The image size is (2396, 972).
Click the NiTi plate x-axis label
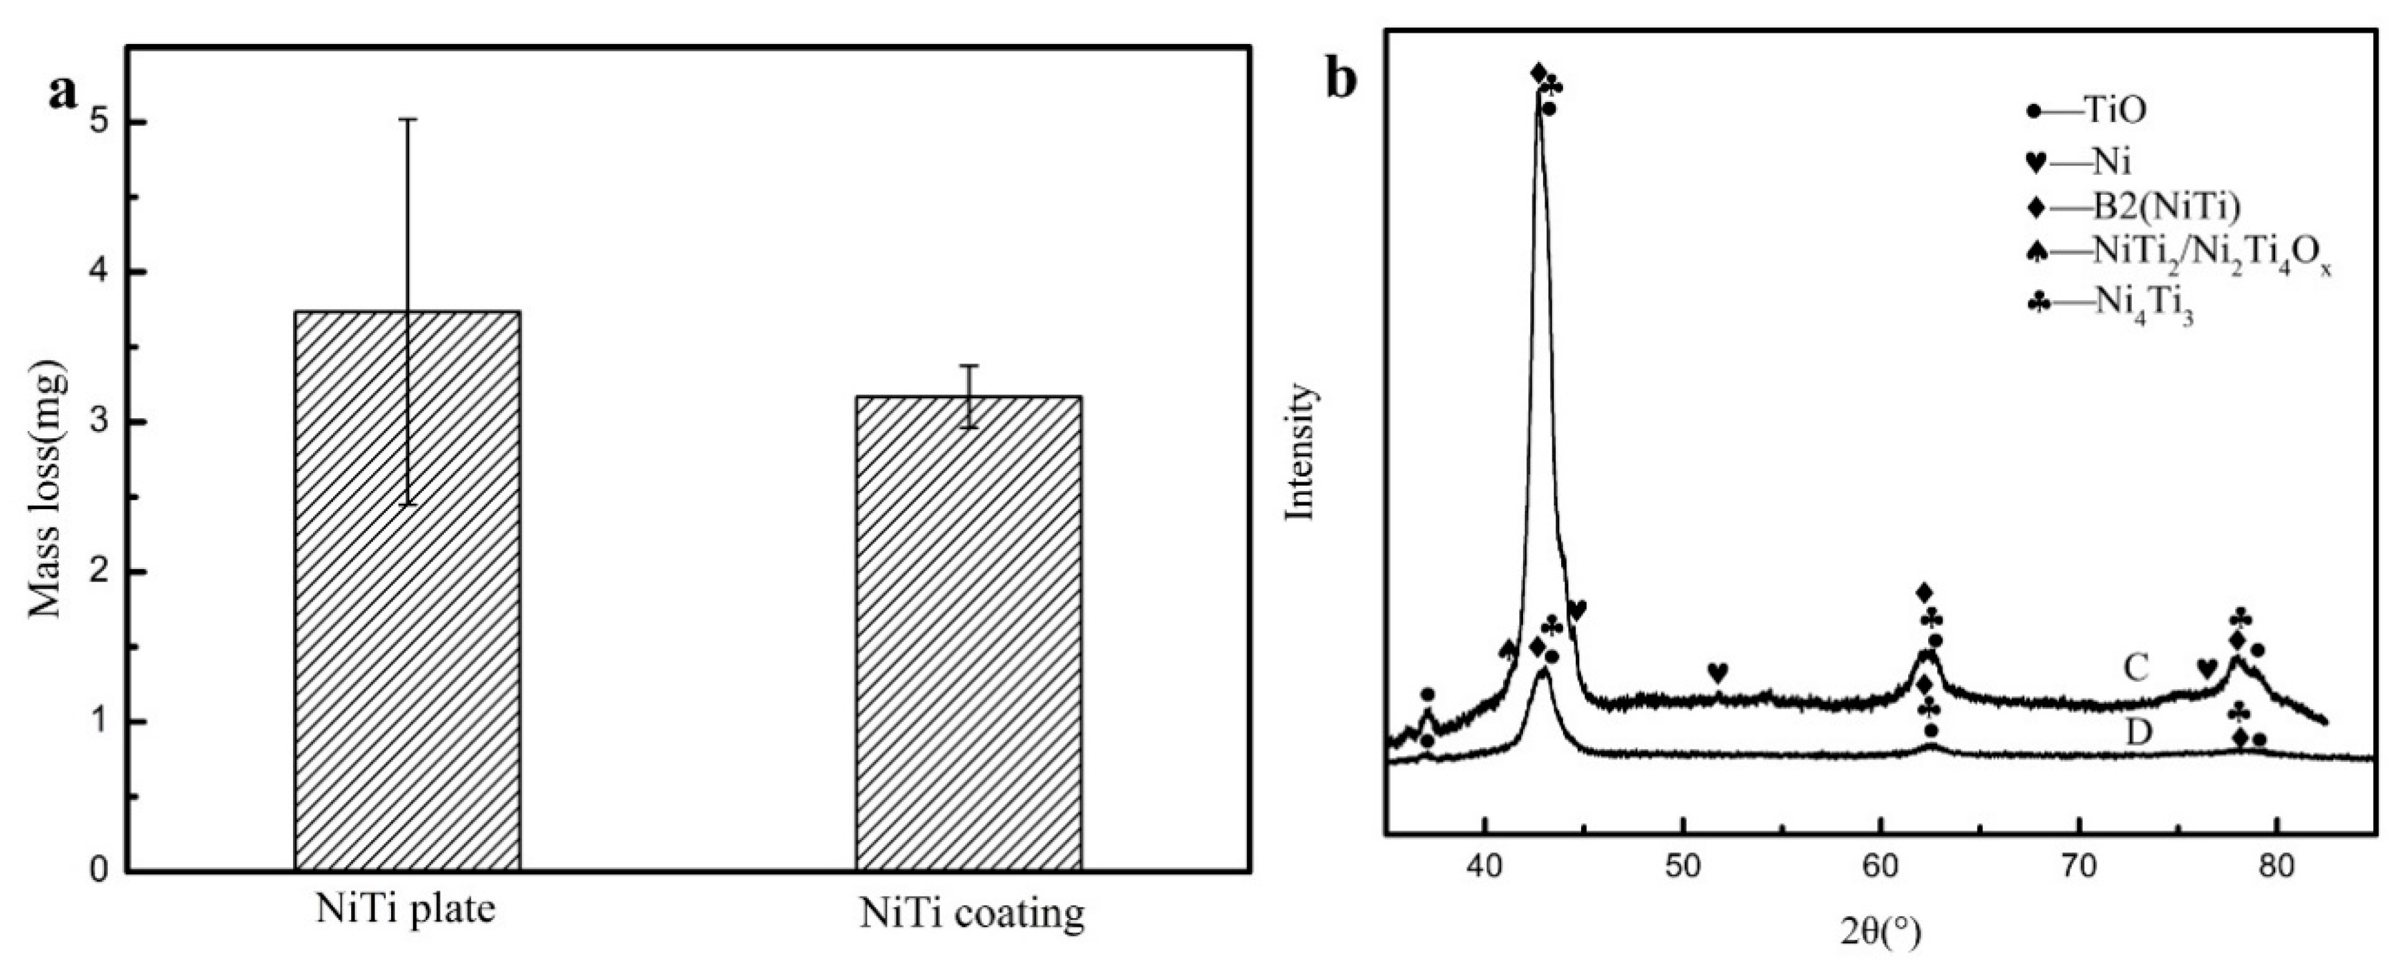pyautogui.click(x=406, y=910)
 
